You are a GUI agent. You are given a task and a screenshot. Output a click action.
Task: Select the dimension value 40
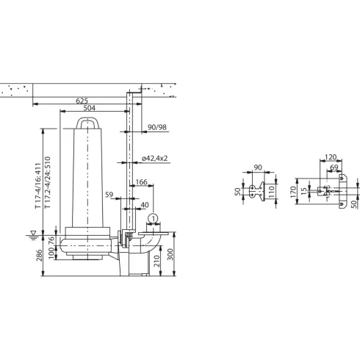pyautogui.click(x=144, y=206)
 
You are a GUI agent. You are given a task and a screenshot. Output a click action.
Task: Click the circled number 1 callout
pyautogui.click(x=152, y=218)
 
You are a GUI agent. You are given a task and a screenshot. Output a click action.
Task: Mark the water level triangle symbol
pyautogui.click(x=32, y=234)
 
